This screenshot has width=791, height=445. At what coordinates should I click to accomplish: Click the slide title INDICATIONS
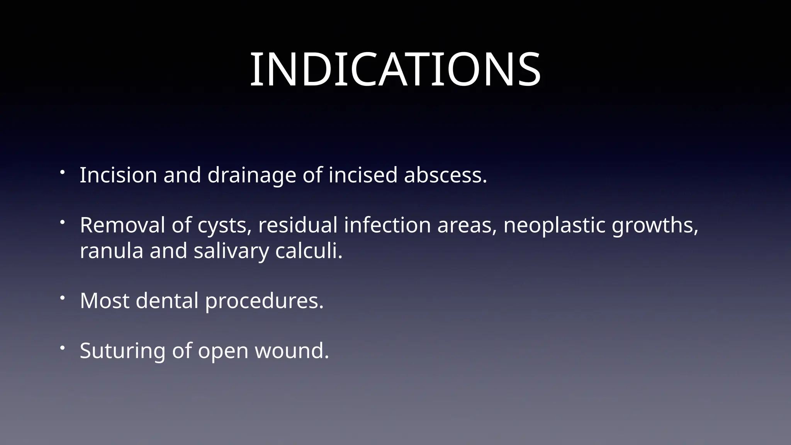395,70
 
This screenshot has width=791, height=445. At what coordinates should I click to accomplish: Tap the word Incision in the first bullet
118,175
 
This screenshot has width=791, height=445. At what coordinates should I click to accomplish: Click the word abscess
445,175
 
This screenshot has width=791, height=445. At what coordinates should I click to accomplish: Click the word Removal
122,225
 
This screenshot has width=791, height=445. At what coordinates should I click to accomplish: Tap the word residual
298,225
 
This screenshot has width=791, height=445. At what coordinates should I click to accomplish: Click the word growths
655,226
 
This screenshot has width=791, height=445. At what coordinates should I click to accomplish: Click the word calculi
309,251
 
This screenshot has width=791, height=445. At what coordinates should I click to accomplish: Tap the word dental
167,301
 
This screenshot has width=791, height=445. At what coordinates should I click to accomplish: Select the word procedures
264,301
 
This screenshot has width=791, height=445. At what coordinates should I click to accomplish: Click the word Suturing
122,351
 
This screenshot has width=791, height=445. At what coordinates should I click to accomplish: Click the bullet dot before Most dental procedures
62,298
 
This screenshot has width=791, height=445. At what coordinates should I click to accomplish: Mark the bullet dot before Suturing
62,348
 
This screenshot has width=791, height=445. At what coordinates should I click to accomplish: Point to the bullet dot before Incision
62,172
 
